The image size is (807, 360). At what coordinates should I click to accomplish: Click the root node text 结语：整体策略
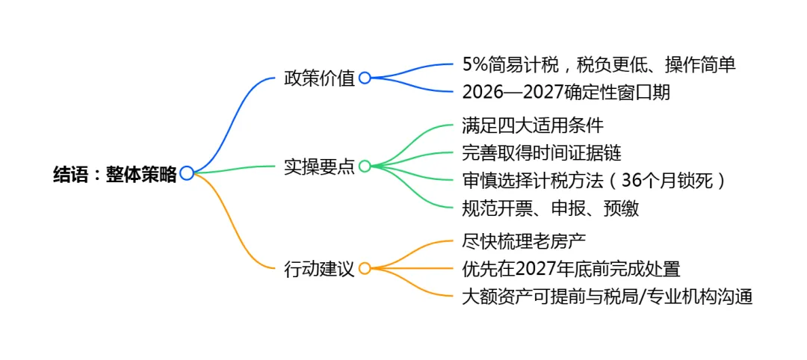click(x=115, y=174)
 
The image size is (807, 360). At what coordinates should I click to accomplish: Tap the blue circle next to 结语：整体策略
click(x=187, y=173)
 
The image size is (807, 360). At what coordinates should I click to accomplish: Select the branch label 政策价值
click(x=319, y=78)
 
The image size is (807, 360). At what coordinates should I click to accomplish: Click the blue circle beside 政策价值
click(x=365, y=78)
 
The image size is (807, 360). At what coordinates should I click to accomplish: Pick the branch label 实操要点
click(x=319, y=167)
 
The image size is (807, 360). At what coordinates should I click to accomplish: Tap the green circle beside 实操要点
click(x=365, y=166)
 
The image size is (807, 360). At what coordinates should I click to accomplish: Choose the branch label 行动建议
click(x=319, y=268)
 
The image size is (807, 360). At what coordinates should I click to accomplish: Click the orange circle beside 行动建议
click(x=365, y=267)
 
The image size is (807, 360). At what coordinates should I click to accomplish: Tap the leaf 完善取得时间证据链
click(x=542, y=153)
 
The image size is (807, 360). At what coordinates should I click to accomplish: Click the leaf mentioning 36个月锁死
click(x=595, y=181)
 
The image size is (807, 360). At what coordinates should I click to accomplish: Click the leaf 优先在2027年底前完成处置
click(x=571, y=269)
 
